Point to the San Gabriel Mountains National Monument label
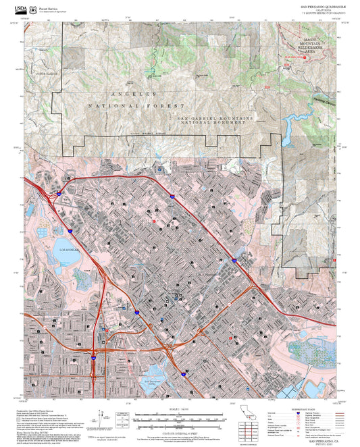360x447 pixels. (x=215, y=120)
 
